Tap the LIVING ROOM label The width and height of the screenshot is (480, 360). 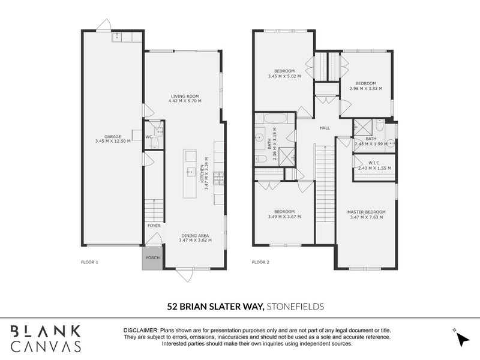point(185,96)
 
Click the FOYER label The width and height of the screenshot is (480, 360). point(154,226)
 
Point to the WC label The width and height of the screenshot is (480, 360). point(148,137)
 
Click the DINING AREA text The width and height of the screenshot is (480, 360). point(194,236)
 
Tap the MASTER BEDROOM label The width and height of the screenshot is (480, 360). point(366,212)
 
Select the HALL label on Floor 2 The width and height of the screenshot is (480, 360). point(325,128)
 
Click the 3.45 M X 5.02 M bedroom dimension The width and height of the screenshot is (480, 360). point(284,76)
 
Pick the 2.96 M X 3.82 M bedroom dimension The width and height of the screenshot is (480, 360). point(365,88)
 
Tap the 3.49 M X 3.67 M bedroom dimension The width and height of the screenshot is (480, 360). point(284,217)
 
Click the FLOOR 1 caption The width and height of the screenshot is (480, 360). point(89,262)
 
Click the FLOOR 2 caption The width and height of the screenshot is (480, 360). point(260,262)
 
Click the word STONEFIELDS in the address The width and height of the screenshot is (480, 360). point(296,307)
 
